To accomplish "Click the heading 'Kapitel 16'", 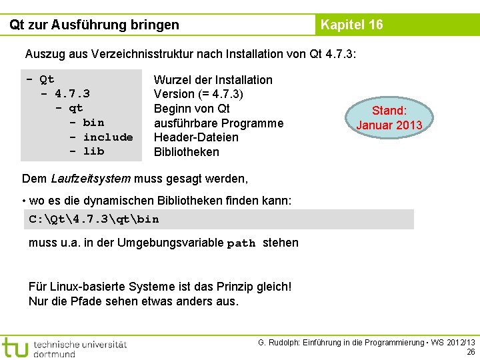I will (351, 25).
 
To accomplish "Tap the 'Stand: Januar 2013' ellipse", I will (389, 117).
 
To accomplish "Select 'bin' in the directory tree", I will (93, 123).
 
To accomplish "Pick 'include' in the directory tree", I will (108, 137).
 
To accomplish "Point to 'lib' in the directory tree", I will (93, 151).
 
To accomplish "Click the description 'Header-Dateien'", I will (196, 137).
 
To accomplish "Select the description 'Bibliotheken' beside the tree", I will (186, 152).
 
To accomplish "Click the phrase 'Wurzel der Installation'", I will (213, 80).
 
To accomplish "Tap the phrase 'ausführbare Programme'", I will (218, 123).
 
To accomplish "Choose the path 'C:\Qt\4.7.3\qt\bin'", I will (94, 219).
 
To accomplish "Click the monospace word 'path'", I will (241, 243).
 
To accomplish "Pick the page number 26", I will (471, 352).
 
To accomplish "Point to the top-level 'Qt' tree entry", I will (47, 80).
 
